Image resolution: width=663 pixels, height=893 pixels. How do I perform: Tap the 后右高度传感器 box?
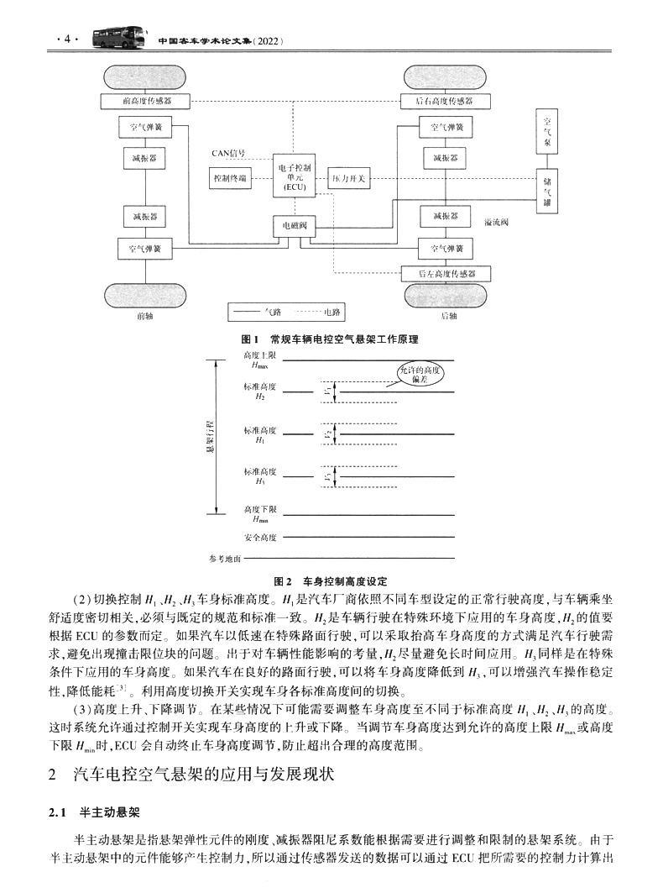click(444, 101)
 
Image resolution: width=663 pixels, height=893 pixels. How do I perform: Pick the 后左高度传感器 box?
click(446, 274)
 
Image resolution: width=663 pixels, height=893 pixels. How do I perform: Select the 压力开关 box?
click(347, 178)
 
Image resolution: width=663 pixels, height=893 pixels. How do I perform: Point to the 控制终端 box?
click(230, 179)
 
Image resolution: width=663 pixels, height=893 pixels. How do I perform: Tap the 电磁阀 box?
click(295, 226)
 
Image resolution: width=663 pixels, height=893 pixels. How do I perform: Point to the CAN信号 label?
click(228, 153)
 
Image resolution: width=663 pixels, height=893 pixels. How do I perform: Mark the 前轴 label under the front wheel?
click(144, 316)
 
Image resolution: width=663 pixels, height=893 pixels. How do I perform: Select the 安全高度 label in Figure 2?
click(260, 537)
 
